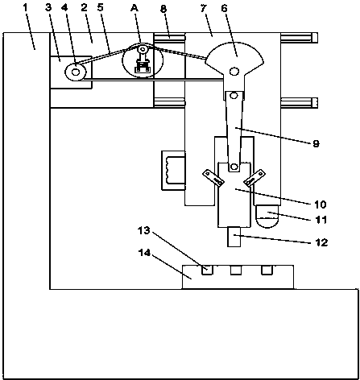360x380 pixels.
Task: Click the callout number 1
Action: point(25,7)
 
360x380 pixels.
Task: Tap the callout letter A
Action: point(134,8)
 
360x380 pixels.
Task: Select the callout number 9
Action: point(317,143)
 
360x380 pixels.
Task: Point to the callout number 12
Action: point(321,242)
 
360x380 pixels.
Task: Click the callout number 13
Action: point(144,230)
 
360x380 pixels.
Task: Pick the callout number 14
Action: point(144,252)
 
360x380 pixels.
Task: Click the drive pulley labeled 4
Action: point(76,72)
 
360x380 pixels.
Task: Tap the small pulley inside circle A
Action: point(143,50)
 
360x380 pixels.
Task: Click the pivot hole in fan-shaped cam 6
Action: point(234,72)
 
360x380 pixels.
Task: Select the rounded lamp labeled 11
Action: point(267,217)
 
